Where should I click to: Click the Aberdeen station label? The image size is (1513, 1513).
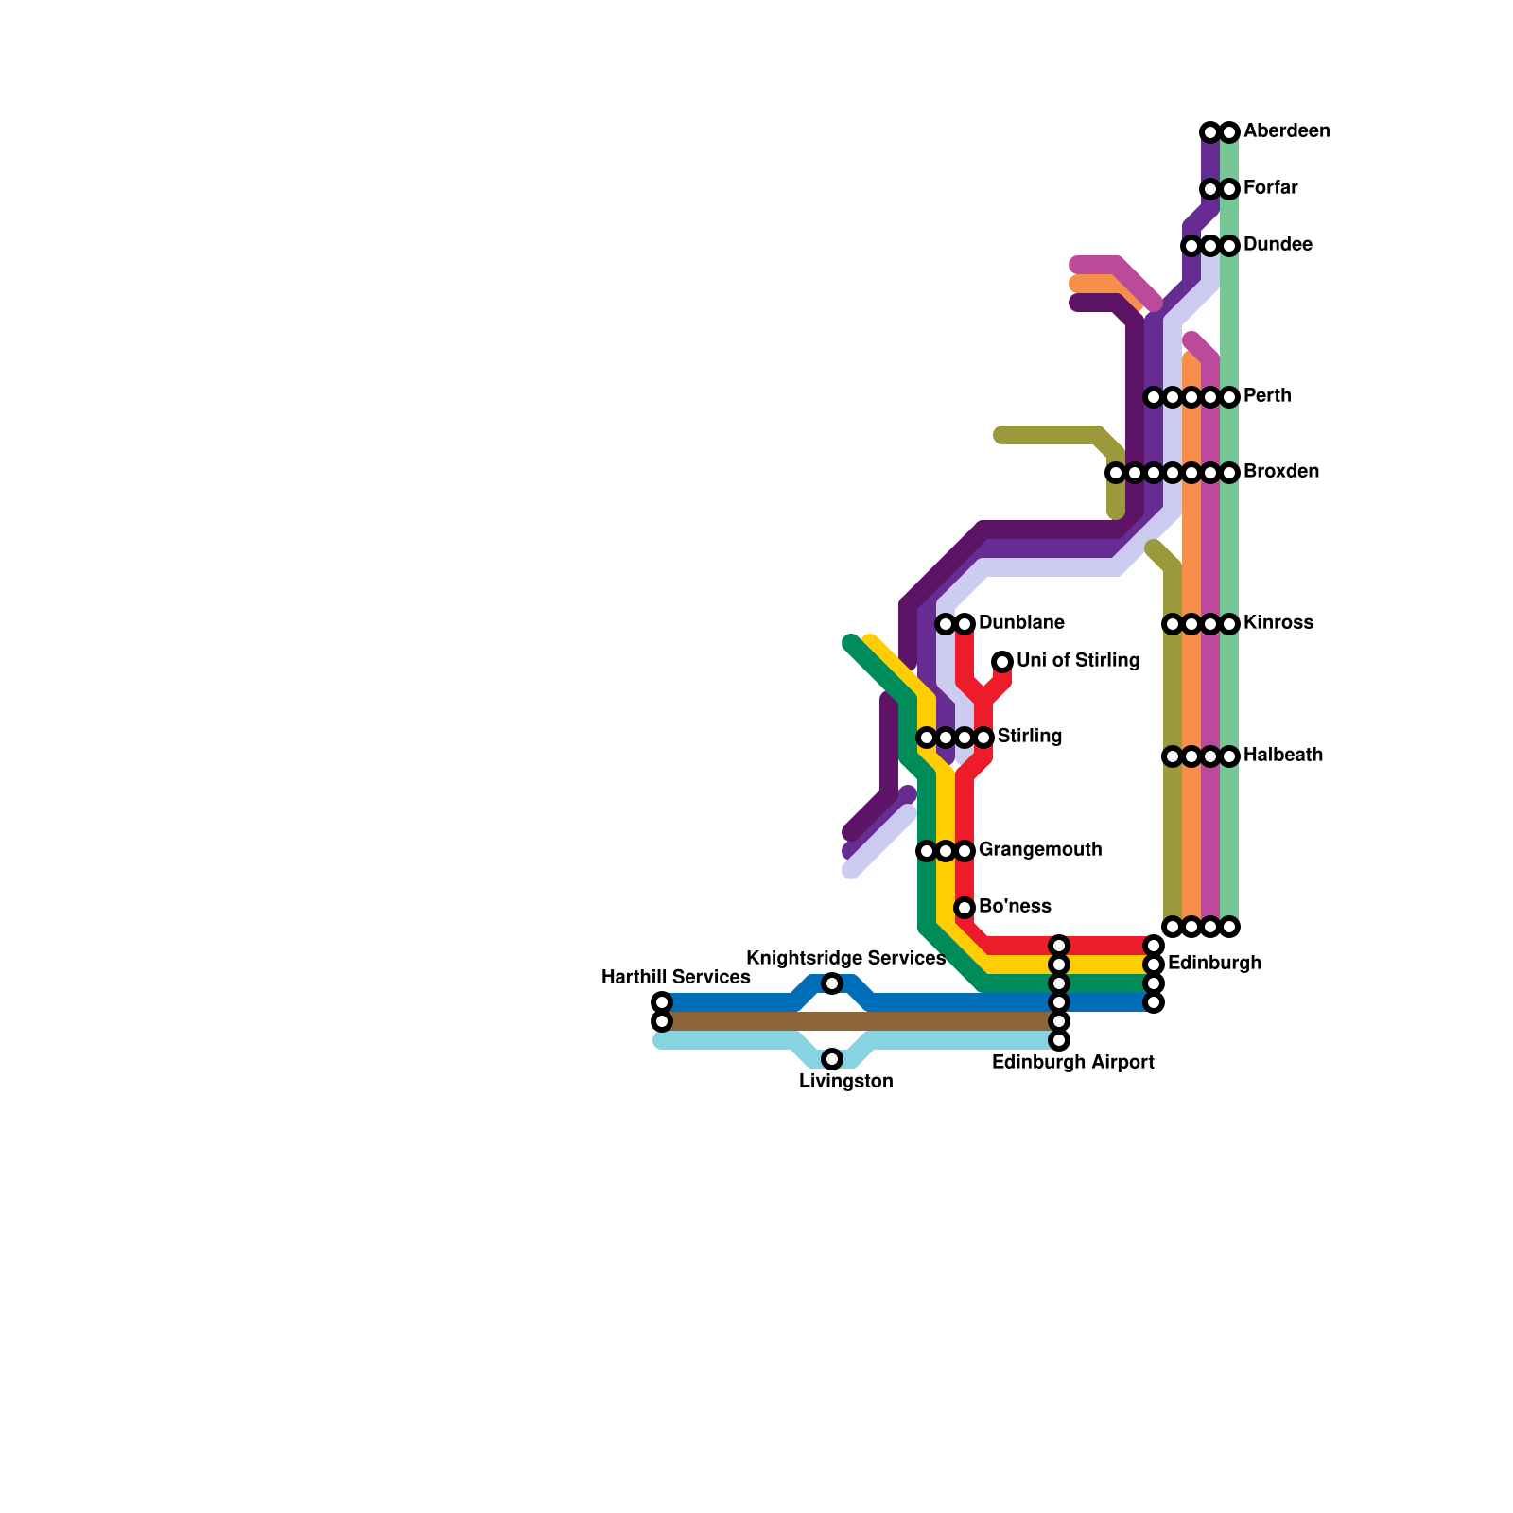(x=1286, y=131)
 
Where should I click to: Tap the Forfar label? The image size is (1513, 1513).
(x=1270, y=188)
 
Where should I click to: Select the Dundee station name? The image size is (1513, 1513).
(x=1277, y=245)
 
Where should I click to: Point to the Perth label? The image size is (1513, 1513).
(x=1266, y=396)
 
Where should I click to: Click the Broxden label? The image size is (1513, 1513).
(x=1280, y=472)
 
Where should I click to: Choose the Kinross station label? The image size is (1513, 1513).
(x=1278, y=623)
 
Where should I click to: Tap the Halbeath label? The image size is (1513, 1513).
(x=1282, y=756)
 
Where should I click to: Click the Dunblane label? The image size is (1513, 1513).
(x=1021, y=623)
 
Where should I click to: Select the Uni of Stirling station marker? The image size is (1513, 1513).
(x=1002, y=662)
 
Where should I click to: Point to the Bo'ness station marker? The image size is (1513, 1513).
(x=965, y=908)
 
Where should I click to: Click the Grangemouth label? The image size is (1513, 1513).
(x=1039, y=850)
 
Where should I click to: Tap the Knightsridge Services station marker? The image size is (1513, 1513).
(x=832, y=983)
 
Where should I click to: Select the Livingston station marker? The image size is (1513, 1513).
(x=832, y=1058)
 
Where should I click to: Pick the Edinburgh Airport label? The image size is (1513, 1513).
(x=1072, y=1063)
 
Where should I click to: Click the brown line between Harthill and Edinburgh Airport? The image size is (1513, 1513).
(x=851, y=1021)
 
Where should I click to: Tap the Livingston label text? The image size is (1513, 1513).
(x=845, y=1082)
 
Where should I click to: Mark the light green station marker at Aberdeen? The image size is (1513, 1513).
(x=1229, y=132)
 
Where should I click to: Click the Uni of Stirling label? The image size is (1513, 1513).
(x=1077, y=661)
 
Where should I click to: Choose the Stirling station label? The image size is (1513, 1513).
(x=1029, y=737)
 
